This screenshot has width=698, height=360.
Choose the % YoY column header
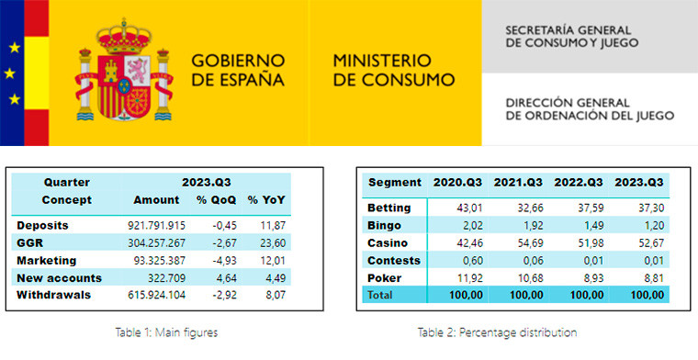pyautogui.click(x=266, y=199)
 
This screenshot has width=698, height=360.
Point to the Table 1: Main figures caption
pyautogui.click(x=168, y=332)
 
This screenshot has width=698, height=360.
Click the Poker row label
pyautogui.click(x=386, y=278)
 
